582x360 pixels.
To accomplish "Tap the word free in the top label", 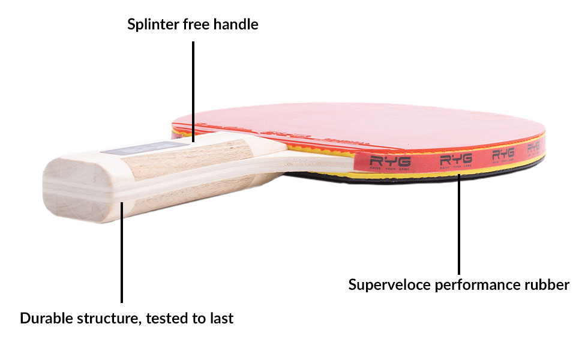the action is pos(199,25).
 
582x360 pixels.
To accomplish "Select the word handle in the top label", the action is pos(238,25).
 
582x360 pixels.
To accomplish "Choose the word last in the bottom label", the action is pos(221,318).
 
